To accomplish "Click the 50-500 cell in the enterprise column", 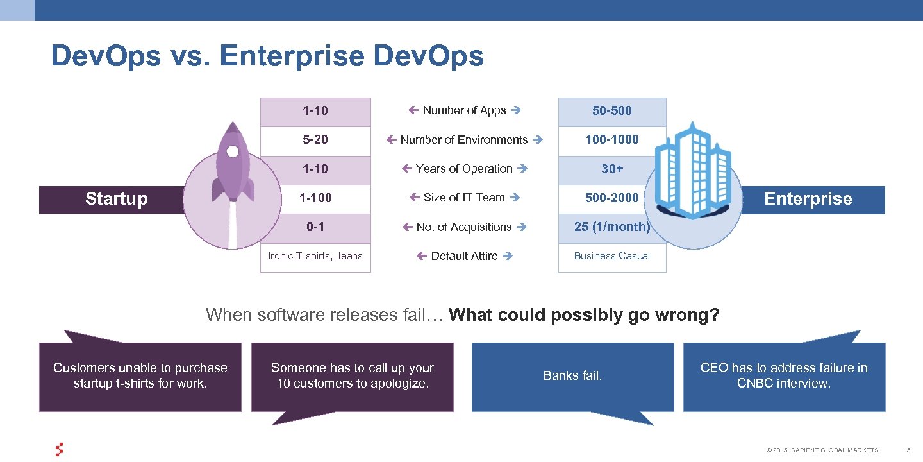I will click(x=611, y=111).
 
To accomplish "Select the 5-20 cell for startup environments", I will click(x=315, y=140).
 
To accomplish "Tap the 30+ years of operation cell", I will click(x=611, y=169).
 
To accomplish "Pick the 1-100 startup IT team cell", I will click(x=315, y=198).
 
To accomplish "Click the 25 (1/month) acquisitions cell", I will click(x=611, y=227).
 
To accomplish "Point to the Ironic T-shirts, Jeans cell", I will click(x=315, y=256).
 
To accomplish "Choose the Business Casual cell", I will click(x=611, y=256).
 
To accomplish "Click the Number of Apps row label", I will click(x=464, y=110).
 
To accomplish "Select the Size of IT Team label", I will click(x=464, y=198).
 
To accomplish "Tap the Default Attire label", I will click(x=464, y=256).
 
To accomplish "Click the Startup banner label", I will click(x=116, y=199).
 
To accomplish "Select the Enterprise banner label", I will click(x=808, y=199).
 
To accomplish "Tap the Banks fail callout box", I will click(x=572, y=376).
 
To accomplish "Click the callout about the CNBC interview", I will click(x=784, y=376).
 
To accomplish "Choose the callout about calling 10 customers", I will click(x=352, y=376).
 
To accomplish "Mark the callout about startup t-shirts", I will click(x=140, y=376).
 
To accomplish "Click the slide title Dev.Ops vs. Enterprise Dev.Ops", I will click(x=267, y=56).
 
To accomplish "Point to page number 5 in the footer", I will click(x=908, y=450).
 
